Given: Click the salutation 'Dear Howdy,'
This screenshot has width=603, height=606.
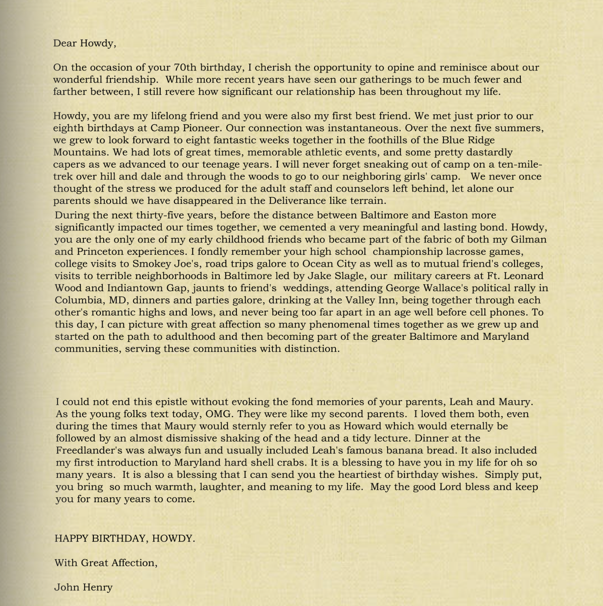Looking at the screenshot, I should pos(85,43).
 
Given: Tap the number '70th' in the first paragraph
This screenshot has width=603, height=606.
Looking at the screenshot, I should pos(185,68).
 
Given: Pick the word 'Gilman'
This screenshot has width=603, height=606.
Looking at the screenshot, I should pos(529,239).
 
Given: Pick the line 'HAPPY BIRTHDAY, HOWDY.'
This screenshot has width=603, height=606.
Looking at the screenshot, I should pos(125,538).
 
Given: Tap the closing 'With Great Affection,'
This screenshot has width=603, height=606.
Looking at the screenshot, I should pos(106,563).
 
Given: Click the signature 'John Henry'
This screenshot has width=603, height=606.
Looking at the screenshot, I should pos(83,587).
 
